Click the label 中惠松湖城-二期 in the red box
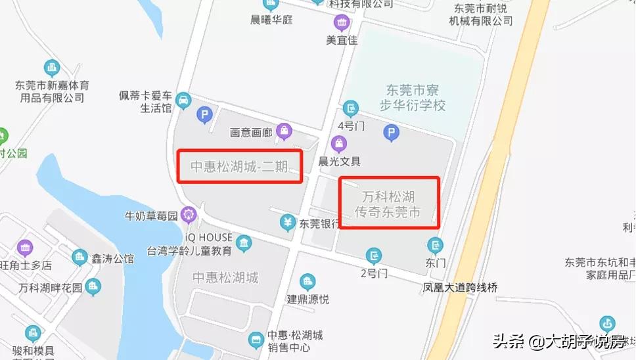point(239,166)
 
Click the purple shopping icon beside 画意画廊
point(284,130)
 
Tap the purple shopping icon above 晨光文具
point(338,143)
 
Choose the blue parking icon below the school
point(392,134)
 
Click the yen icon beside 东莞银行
point(287,223)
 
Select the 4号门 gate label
point(350,125)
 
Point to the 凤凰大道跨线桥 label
point(460,287)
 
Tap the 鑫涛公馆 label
point(112,258)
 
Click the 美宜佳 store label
point(342,39)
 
